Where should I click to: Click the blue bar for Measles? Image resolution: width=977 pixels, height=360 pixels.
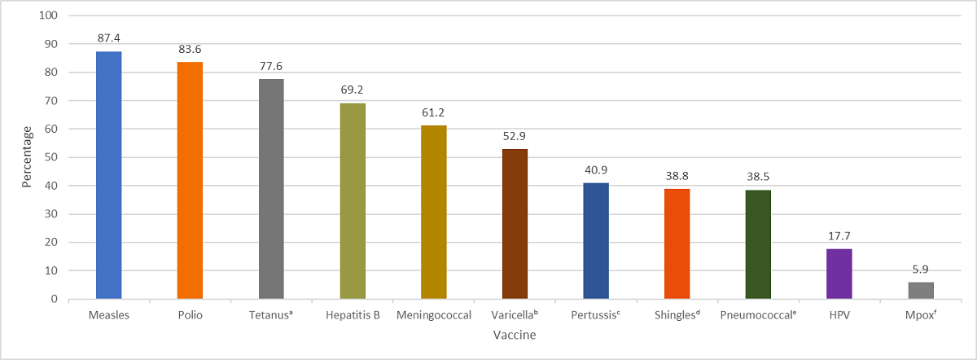point(108,175)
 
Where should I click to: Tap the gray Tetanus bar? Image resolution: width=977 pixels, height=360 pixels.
point(271,189)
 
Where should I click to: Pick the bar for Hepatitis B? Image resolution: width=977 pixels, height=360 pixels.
point(352,201)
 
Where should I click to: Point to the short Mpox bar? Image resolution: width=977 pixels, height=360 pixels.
point(920,291)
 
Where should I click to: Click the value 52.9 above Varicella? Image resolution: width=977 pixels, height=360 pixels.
point(515,136)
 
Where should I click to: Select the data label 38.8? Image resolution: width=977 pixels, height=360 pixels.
point(677,176)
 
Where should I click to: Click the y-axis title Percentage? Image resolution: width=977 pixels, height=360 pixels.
point(27,156)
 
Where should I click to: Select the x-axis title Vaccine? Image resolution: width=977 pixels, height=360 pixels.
point(514,334)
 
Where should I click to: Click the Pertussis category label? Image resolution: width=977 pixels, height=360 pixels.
point(595,314)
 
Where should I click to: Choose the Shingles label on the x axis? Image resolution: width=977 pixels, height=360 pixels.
point(677,314)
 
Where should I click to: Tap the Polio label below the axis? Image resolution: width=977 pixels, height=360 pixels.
point(190,314)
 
